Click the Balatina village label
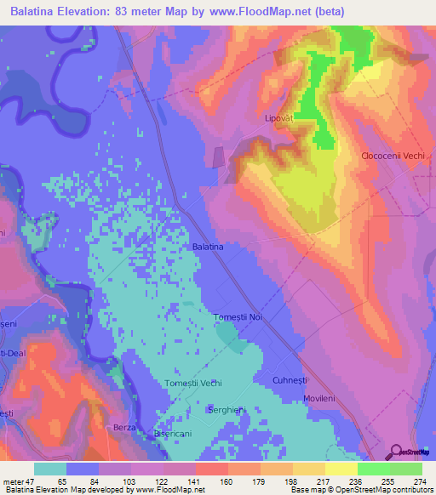(x=208, y=247)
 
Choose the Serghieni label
(x=227, y=410)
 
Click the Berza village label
(x=124, y=427)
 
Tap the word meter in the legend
(x=14, y=482)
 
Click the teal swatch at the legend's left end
(x=50, y=469)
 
